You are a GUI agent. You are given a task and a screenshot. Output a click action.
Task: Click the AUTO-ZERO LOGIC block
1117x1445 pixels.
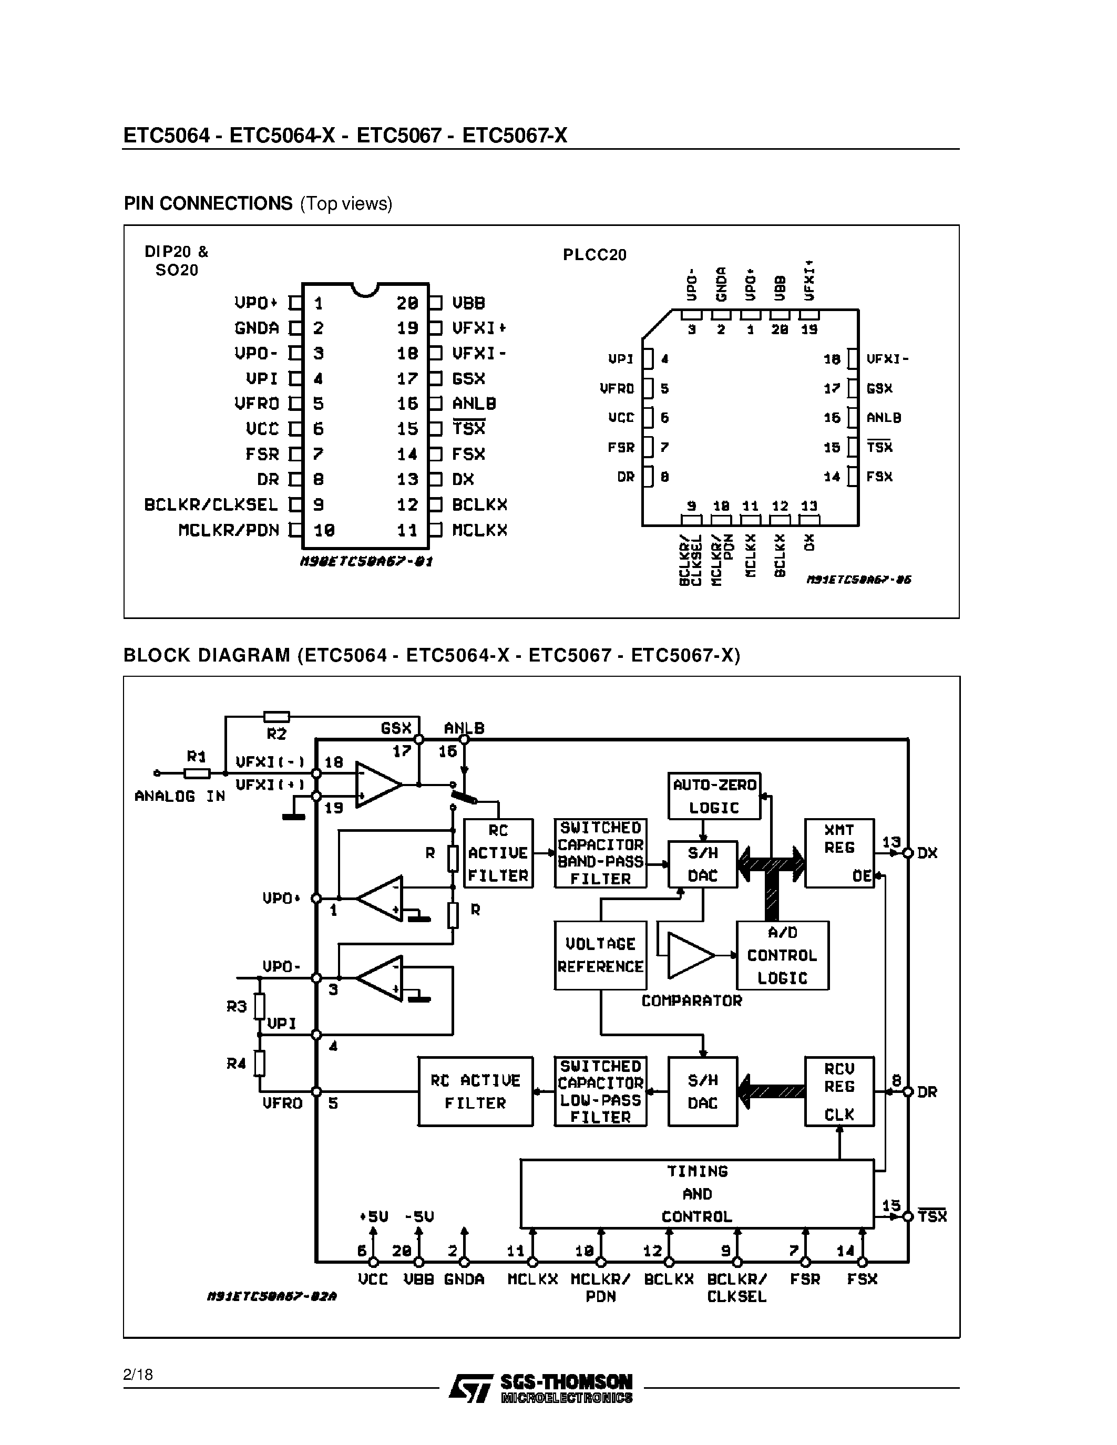tap(714, 796)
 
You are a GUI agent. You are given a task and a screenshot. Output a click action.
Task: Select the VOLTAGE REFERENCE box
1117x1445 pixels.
tap(600, 955)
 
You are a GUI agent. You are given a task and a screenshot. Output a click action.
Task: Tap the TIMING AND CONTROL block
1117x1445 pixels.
tap(697, 1194)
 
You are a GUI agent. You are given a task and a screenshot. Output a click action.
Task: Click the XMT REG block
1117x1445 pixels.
tap(839, 853)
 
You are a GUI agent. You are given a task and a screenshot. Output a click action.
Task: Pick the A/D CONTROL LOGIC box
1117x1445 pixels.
tap(782, 955)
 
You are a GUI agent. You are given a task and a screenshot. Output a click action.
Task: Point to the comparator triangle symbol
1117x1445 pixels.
tap(689, 955)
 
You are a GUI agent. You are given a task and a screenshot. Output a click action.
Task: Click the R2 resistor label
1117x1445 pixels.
tap(276, 734)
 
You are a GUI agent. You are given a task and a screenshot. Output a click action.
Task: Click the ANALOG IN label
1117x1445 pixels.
tap(179, 796)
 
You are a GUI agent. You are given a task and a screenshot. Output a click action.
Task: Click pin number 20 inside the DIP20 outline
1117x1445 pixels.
tap(407, 303)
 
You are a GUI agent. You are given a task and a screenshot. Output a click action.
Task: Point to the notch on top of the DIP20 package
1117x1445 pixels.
tap(365, 289)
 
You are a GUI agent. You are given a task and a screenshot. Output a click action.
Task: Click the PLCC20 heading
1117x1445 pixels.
tap(594, 255)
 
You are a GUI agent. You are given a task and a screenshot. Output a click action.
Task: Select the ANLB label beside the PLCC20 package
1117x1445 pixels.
tap(884, 418)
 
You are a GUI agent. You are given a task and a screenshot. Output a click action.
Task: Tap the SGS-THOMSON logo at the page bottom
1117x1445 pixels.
tap(541, 1387)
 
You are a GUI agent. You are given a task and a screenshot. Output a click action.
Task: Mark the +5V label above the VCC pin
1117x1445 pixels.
tap(373, 1216)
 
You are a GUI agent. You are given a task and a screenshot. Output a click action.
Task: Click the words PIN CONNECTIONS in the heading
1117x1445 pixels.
tap(208, 203)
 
